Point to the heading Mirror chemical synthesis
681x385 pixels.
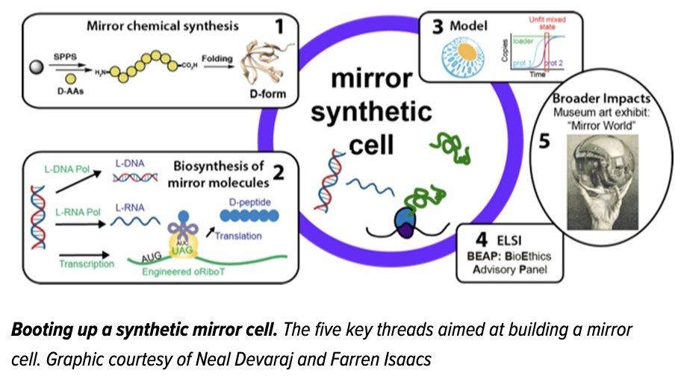162,27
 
